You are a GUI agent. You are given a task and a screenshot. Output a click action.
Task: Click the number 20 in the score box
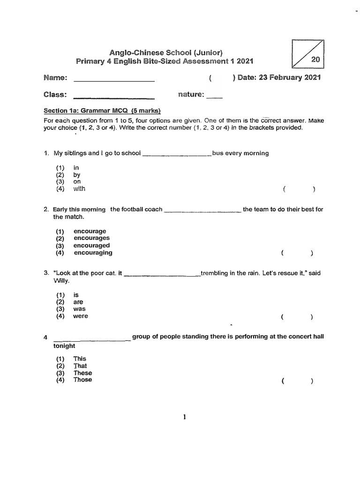coord(315,60)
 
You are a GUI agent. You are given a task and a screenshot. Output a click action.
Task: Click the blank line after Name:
coord(114,81)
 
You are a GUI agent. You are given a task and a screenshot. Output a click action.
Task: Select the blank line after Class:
coord(114,97)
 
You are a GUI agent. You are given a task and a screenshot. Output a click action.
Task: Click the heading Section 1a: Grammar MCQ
coord(102,111)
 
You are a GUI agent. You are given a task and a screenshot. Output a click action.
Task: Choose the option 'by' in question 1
coord(77,175)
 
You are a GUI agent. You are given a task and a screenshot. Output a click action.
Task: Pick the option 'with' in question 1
coord(79,189)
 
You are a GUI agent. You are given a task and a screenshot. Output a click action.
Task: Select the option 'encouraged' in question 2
coord(91,245)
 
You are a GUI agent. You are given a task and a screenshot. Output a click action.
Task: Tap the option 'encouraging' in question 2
coord(93,253)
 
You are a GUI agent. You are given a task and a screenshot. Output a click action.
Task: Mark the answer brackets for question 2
coord(297,253)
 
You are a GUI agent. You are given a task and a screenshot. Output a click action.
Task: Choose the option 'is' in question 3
coord(76,295)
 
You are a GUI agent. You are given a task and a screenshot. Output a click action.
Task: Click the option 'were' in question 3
coord(80,316)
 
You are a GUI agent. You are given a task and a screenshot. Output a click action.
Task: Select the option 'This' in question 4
coord(80,359)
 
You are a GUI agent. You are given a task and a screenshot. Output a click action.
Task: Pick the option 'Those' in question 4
coord(82,380)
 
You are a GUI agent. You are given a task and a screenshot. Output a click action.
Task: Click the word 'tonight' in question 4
coord(64,346)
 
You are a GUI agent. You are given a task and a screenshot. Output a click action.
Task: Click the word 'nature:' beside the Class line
coord(191,95)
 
